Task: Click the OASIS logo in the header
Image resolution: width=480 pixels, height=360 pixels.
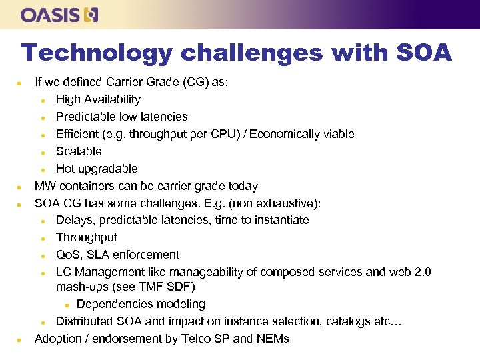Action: click(x=59, y=15)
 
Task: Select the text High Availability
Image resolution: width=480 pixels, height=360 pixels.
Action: click(x=98, y=99)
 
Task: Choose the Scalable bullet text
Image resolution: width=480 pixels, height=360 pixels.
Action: click(x=79, y=151)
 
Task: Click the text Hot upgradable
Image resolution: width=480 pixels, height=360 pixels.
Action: click(x=97, y=169)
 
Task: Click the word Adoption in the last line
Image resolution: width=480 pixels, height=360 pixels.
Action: click(x=59, y=339)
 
